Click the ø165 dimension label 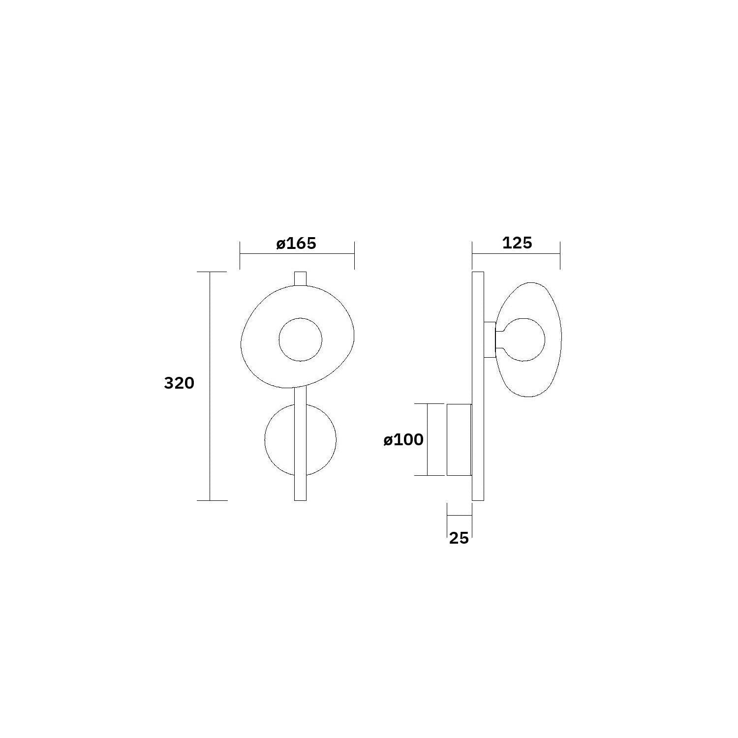(x=296, y=244)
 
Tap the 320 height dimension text (x=179, y=383)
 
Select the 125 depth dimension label (x=517, y=243)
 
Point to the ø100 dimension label (x=403, y=440)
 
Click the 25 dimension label (x=459, y=538)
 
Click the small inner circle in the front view (x=300, y=339)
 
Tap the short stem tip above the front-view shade (x=300, y=278)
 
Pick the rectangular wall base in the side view (x=459, y=440)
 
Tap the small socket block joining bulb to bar (x=490, y=339)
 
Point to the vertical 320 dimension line (x=210, y=344)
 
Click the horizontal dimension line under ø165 (x=297, y=254)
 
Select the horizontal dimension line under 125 (x=516, y=254)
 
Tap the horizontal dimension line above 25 (x=459, y=516)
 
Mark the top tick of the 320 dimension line (x=212, y=272)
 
